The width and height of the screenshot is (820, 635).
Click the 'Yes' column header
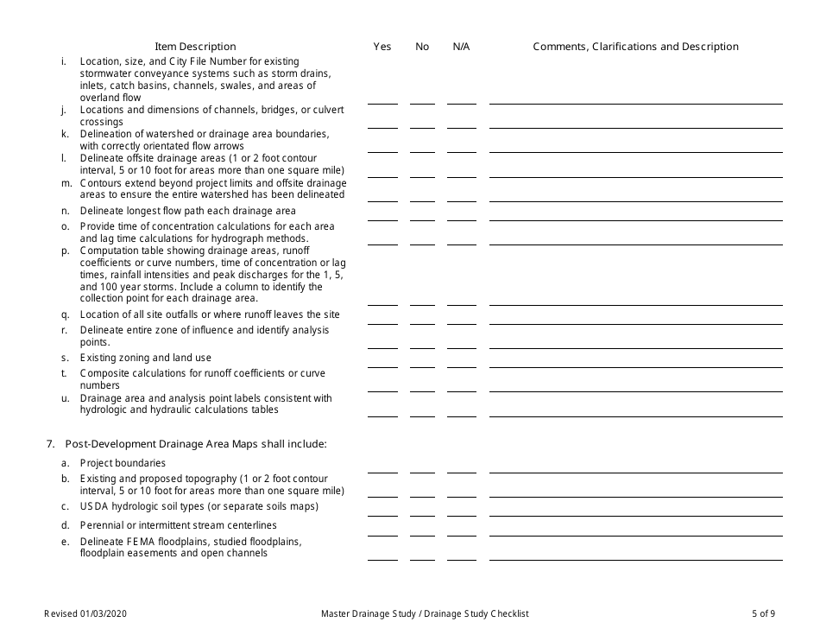(x=382, y=47)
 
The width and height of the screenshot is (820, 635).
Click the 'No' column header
(x=422, y=47)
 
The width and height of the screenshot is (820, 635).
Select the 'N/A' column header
(x=461, y=47)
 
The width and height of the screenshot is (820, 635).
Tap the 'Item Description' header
(x=195, y=47)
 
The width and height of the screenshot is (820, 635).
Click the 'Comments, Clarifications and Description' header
(x=635, y=47)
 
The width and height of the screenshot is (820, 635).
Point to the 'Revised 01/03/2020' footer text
(x=90, y=614)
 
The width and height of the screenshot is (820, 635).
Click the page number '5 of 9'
(x=763, y=614)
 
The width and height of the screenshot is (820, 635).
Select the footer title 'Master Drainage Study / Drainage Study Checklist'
(x=425, y=614)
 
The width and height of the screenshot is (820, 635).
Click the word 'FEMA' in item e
(x=140, y=542)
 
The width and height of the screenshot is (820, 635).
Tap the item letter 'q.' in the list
(x=65, y=314)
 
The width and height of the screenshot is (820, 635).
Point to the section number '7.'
(x=51, y=444)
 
